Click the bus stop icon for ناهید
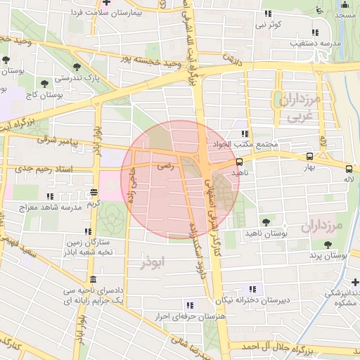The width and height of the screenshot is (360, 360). [x=239, y=162]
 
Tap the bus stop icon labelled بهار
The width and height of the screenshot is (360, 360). [x=310, y=157]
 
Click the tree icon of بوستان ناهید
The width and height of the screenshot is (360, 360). [x=264, y=222]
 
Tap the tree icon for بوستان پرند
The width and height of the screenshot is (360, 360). [x=328, y=244]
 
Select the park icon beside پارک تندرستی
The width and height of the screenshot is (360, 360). [x=46, y=84]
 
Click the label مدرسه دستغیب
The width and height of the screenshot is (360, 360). [x=316, y=43]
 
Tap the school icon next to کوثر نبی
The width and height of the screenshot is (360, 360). [x=268, y=14]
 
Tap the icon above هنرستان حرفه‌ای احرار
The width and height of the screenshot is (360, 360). [x=189, y=305]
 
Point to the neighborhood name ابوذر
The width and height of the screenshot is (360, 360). [x=151, y=262]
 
